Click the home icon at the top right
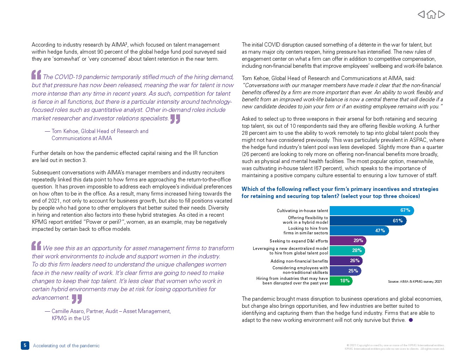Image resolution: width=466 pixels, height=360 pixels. tap(431, 14)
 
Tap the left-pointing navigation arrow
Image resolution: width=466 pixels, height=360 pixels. tap(421, 14)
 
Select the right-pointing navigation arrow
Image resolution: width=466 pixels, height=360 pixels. tap(441, 14)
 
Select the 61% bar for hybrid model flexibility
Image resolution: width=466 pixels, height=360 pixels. tap(368, 221)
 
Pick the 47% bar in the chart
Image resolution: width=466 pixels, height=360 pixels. tap(359, 230)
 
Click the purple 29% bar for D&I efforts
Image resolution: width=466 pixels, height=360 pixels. tap(348, 241)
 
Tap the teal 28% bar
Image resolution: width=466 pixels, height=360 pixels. tap(347, 251)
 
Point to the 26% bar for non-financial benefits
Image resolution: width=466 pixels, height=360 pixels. tap(346, 261)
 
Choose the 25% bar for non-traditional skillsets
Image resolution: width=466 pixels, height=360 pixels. tap(345, 271)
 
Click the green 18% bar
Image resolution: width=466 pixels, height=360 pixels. tap(341, 281)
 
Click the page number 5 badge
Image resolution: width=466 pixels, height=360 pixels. tap(25, 346)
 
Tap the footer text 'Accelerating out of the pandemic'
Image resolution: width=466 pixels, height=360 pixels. tap(66, 346)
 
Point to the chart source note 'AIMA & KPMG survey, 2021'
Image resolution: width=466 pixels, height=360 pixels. tap(415, 281)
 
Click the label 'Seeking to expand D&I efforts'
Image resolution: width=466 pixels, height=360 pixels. tap(299, 241)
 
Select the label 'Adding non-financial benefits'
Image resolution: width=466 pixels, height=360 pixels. tap(299, 261)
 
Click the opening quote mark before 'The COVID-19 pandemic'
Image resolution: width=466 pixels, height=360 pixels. tap(36, 75)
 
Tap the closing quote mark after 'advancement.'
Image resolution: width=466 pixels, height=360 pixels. tap(77, 299)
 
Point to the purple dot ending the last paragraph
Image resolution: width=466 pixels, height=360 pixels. tap(411, 320)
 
